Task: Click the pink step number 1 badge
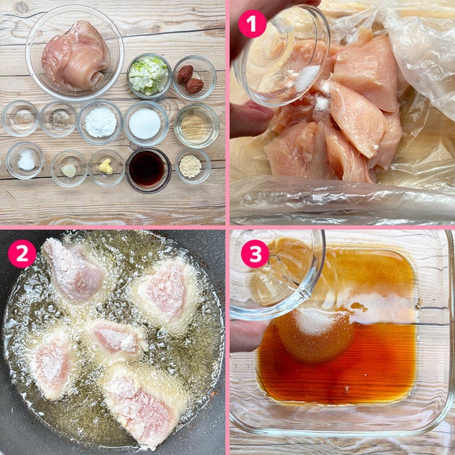[x=252, y=24]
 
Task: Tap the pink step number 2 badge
[x=22, y=253]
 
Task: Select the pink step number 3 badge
[x=256, y=253]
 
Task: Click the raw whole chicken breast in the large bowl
[x=76, y=56]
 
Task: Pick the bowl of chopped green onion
[x=149, y=76]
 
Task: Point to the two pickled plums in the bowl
[x=191, y=79]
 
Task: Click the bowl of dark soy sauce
[x=148, y=170]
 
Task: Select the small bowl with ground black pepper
[x=58, y=119]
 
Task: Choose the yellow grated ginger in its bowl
[x=105, y=167]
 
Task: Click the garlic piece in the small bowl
[x=69, y=170]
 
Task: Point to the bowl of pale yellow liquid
[x=196, y=126]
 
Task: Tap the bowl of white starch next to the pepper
[x=100, y=122]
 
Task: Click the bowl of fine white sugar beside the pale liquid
[x=146, y=123]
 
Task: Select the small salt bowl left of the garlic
[x=25, y=160]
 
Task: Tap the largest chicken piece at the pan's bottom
[x=143, y=402]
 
